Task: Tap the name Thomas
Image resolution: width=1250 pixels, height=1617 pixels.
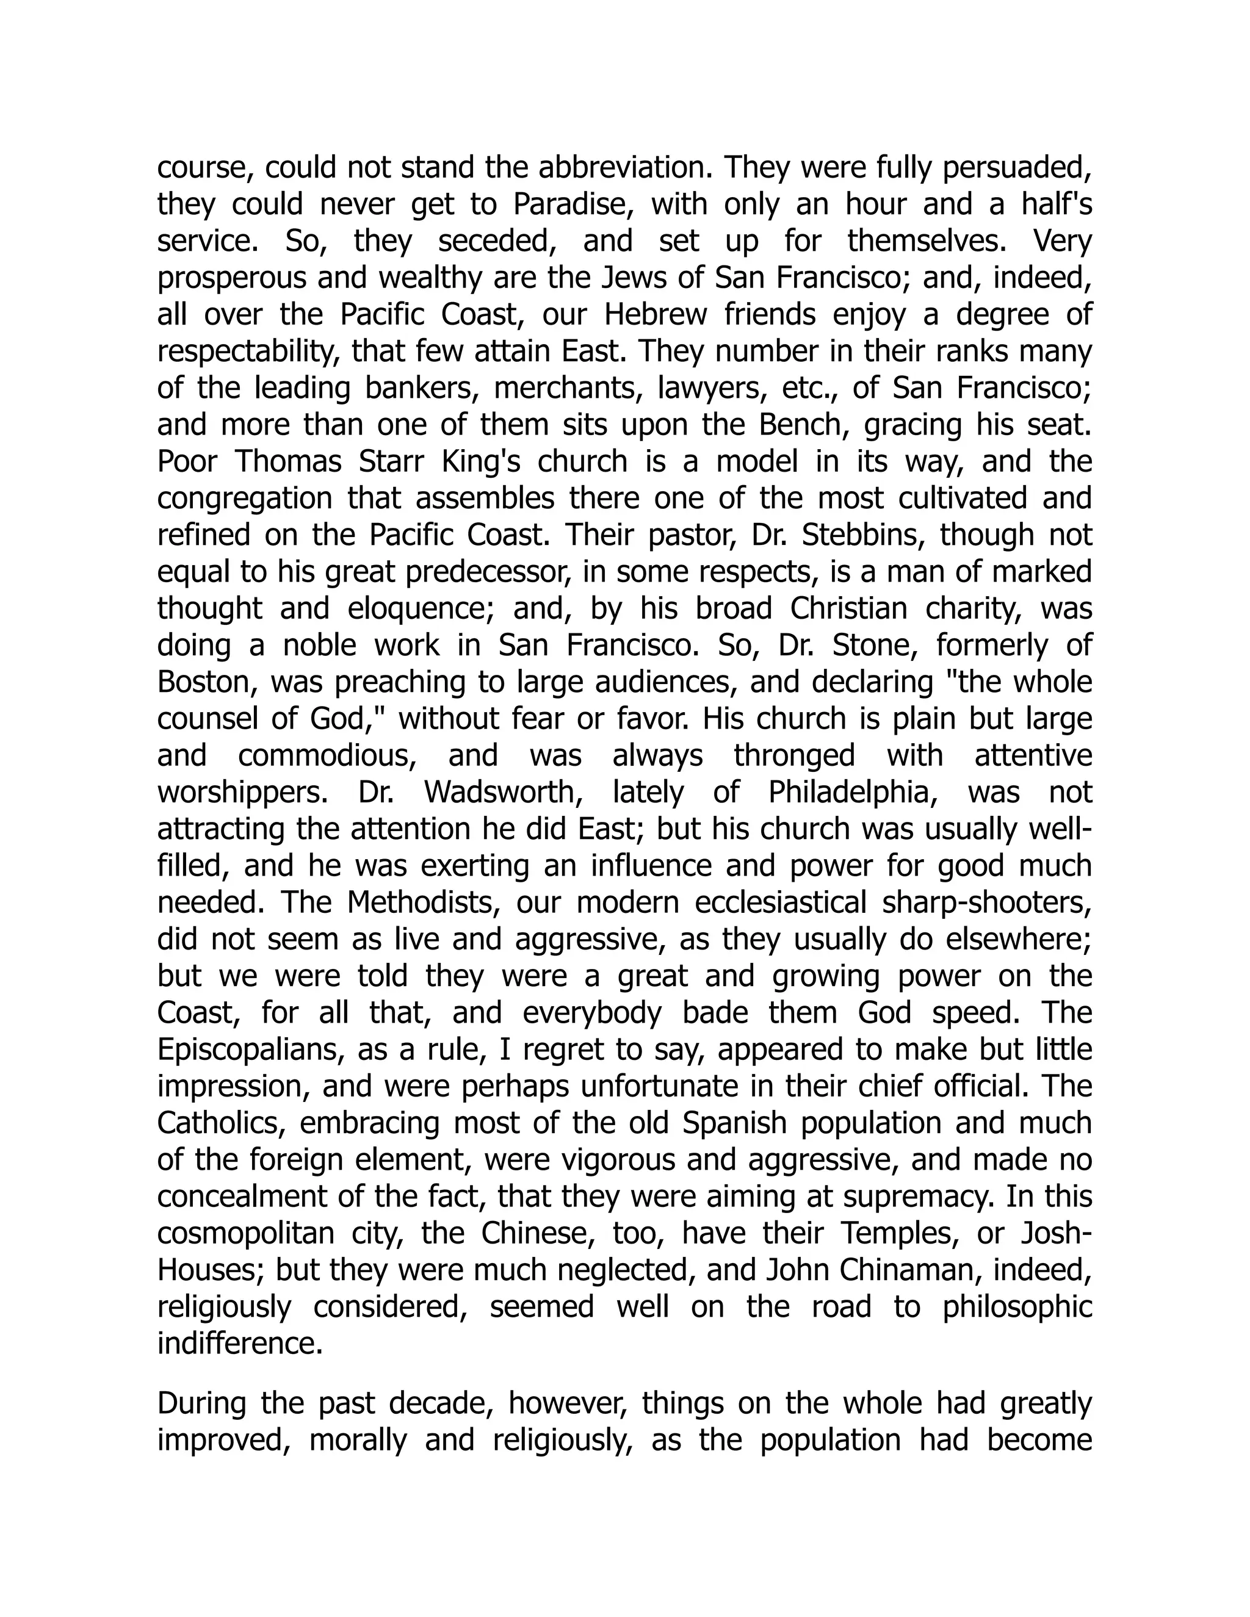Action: (x=288, y=462)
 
